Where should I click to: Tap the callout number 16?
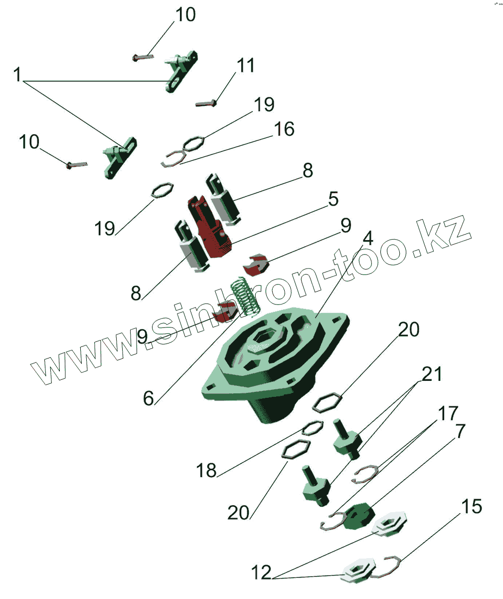[284, 129]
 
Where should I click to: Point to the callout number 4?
[367, 238]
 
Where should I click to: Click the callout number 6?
[149, 398]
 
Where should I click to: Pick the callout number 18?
[206, 470]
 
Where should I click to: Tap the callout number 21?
[432, 374]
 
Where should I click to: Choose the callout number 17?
[448, 414]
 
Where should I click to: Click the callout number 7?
[460, 430]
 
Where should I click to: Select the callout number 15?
[471, 507]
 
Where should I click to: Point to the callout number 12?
[261, 572]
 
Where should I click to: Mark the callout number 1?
[18, 76]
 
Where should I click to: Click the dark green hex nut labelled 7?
[358, 517]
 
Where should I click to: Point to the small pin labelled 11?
[206, 103]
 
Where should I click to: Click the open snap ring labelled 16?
[172, 159]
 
